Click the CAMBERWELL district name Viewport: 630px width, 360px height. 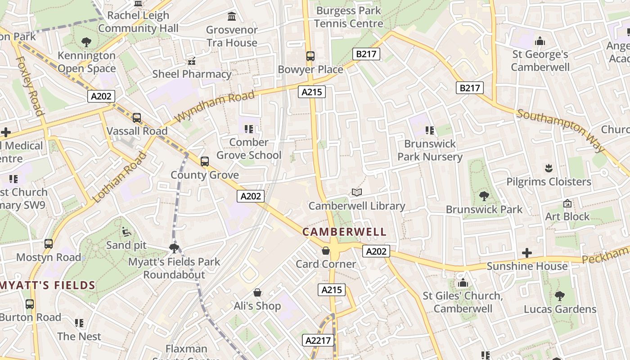344,232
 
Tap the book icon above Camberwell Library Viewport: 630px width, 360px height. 357,193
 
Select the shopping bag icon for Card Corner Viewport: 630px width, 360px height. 326,251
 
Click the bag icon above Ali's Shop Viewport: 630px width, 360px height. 257,292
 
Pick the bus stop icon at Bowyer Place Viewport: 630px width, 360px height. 310,56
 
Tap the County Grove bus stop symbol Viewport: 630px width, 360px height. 205,161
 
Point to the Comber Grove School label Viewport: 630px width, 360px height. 249,148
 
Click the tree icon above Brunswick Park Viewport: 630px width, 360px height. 484,196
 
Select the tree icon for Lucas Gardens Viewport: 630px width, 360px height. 560,296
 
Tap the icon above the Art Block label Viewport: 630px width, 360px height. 567,203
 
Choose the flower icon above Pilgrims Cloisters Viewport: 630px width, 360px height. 549,168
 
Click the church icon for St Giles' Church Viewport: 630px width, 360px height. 463,283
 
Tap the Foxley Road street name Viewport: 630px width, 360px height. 30,86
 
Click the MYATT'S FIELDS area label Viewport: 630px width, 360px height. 48,285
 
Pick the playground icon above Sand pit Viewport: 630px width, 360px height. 126,232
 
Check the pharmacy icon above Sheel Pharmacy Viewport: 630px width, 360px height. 192,61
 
